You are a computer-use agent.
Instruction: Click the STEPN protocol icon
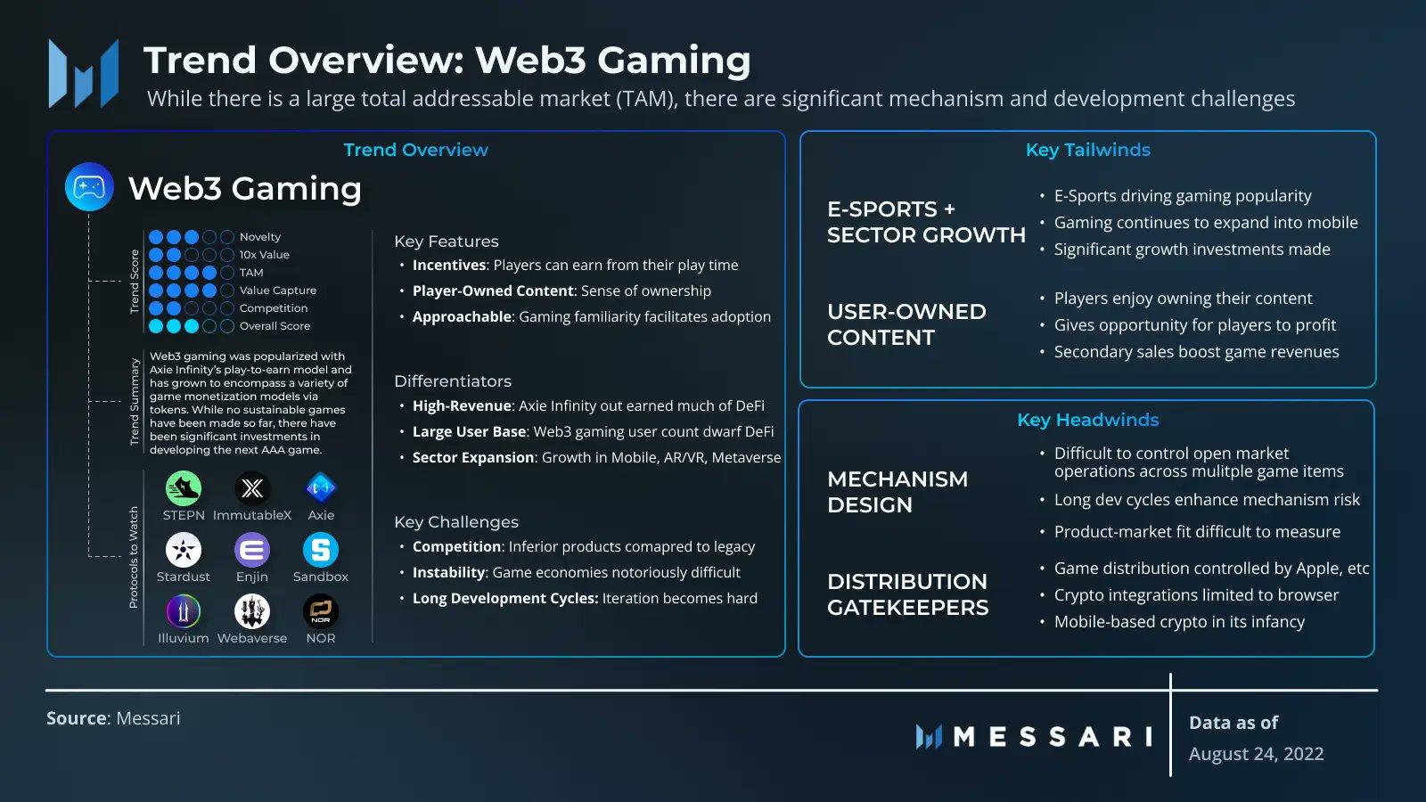(183, 488)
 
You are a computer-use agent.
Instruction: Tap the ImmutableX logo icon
(252, 488)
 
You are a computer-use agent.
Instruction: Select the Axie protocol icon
(321, 488)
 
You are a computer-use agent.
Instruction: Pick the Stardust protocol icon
(183, 550)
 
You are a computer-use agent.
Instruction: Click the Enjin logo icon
(252, 550)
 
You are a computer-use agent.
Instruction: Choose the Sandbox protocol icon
(321, 550)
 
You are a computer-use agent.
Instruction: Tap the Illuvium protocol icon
(183, 611)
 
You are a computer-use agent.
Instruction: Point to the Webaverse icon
(252, 611)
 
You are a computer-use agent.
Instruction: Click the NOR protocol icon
(321, 611)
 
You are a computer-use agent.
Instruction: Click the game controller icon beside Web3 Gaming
(89, 187)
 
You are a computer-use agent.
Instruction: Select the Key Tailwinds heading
(1087, 150)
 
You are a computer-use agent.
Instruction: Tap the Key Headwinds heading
(1087, 420)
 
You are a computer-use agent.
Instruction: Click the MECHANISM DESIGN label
(897, 492)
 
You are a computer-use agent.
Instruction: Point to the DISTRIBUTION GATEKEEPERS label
(907, 594)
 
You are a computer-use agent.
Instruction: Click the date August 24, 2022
(1256, 754)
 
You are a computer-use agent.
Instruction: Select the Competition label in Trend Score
(273, 308)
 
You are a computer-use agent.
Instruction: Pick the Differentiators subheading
(453, 381)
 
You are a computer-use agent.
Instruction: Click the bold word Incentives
(448, 266)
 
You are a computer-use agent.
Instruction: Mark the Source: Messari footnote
(113, 718)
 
